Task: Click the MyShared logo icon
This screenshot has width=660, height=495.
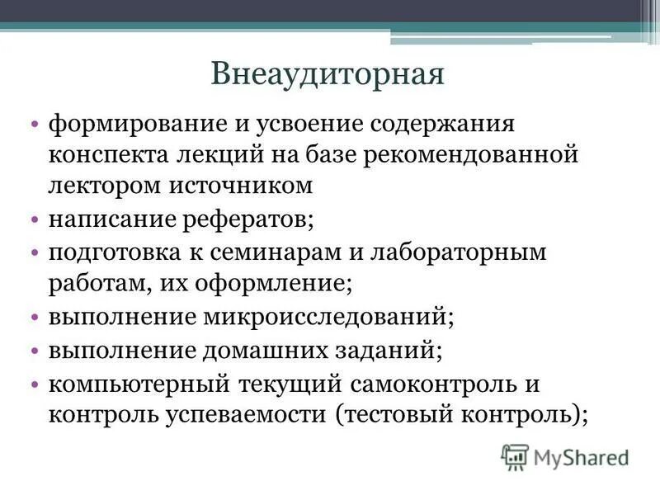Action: click(515, 456)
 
